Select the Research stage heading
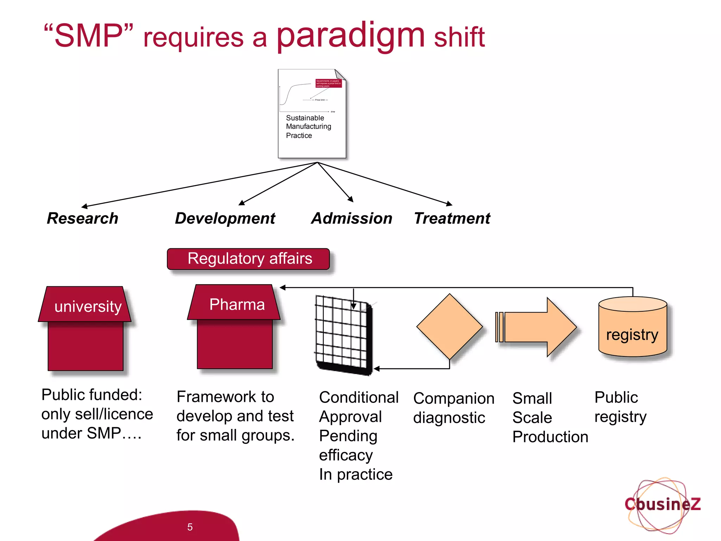pos(83,218)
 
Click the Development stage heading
pos(225,218)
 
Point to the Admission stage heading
pos(351,218)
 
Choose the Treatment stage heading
pos(452,218)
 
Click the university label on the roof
pos(88,306)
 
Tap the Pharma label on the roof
pos(237,305)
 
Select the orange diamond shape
pos(449,327)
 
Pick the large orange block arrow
pos(539,327)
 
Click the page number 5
pos(190,527)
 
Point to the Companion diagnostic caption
pos(453,408)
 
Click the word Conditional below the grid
pos(358,397)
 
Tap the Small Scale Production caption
pos(549,418)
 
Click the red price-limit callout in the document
pos(328,83)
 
